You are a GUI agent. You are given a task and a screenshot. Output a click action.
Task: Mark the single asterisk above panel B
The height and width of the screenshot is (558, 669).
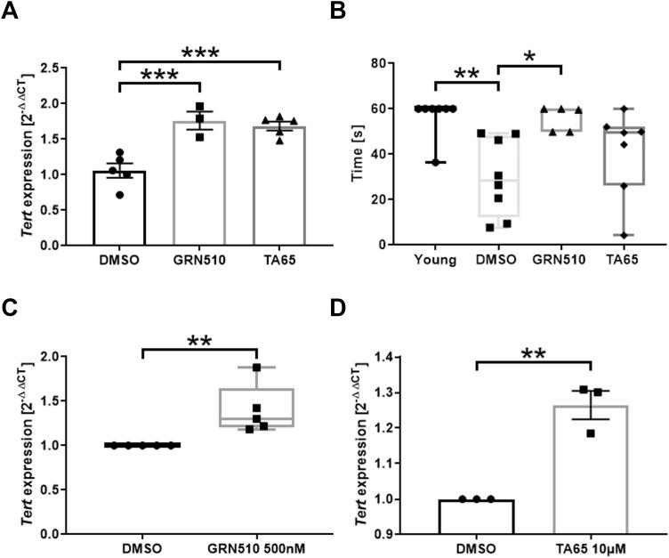pyautogui.click(x=529, y=56)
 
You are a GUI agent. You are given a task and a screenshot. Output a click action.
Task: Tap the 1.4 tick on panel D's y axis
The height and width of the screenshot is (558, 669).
pyautogui.click(x=405, y=357)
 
